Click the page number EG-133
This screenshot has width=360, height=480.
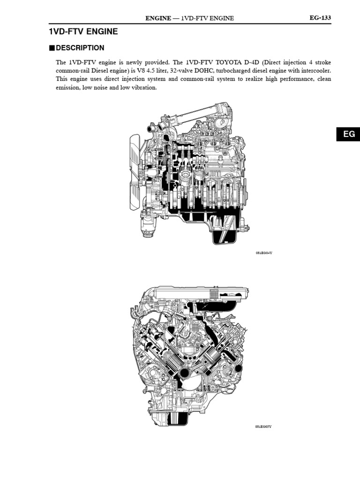(x=320, y=18)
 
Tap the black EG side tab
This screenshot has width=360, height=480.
(x=349, y=134)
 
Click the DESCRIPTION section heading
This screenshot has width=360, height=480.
(x=80, y=48)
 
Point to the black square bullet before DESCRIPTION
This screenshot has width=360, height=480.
(x=52, y=48)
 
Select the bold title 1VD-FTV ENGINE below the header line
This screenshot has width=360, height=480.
(x=83, y=32)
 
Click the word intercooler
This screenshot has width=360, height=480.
(x=315, y=71)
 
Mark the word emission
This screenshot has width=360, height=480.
(x=67, y=88)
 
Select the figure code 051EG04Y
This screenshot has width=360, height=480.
(x=264, y=253)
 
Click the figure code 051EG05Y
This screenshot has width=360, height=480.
(x=263, y=427)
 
